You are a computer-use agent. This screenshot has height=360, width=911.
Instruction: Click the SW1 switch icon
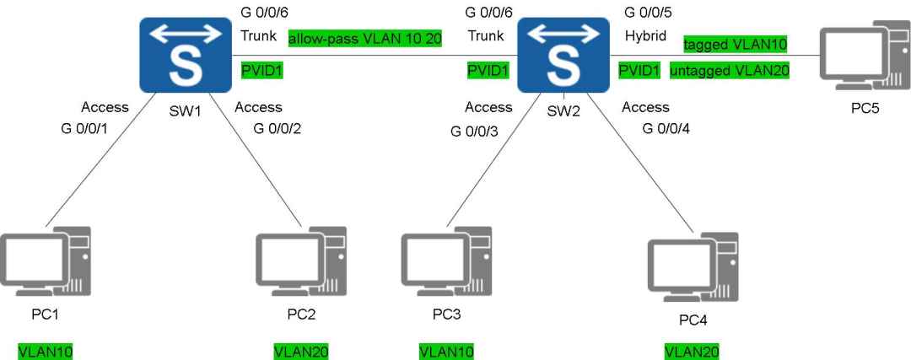point(186,55)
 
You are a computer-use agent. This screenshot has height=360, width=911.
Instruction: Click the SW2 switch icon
point(563,55)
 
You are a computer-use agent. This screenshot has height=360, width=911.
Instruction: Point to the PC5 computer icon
point(865,55)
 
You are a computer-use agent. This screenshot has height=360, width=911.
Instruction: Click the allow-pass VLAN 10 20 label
point(365,39)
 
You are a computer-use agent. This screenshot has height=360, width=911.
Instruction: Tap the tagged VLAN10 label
point(735,45)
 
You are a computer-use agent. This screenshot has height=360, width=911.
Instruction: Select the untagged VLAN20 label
point(729,71)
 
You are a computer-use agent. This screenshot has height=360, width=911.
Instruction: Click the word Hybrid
point(645,36)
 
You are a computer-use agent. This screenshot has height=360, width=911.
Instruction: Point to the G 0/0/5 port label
point(648,11)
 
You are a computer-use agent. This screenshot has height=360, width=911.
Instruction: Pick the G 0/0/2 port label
point(277,128)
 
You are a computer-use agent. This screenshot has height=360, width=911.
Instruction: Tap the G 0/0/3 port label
point(474,132)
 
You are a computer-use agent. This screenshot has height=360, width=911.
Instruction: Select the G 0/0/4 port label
point(666,128)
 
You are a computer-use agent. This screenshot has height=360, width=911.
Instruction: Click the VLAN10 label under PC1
point(46,352)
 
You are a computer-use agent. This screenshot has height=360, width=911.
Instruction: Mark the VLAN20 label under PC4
point(692,352)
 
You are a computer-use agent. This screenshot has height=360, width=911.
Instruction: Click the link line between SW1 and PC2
point(255,159)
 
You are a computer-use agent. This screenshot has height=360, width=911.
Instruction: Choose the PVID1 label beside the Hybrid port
point(639,71)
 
